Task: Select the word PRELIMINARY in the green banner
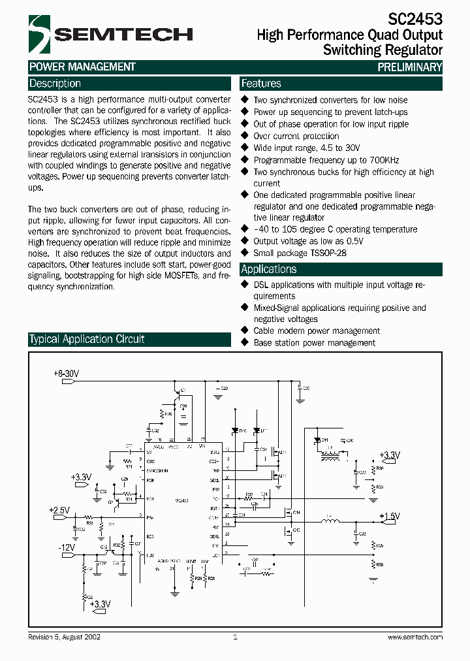(409, 67)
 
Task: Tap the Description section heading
(55, 84)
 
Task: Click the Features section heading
(261, 84)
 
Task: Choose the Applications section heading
(269, 269)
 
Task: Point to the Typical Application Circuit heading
(86, 339)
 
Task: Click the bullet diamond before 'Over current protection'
(245, 136)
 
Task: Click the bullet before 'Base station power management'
(245, 342)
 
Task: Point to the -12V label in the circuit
(67, 547)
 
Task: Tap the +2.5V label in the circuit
(58, 509)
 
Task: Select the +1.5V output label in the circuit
(389, 516)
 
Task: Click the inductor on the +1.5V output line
(330, 522)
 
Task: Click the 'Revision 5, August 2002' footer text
(64, 636)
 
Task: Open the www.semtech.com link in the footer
(415, 636)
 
